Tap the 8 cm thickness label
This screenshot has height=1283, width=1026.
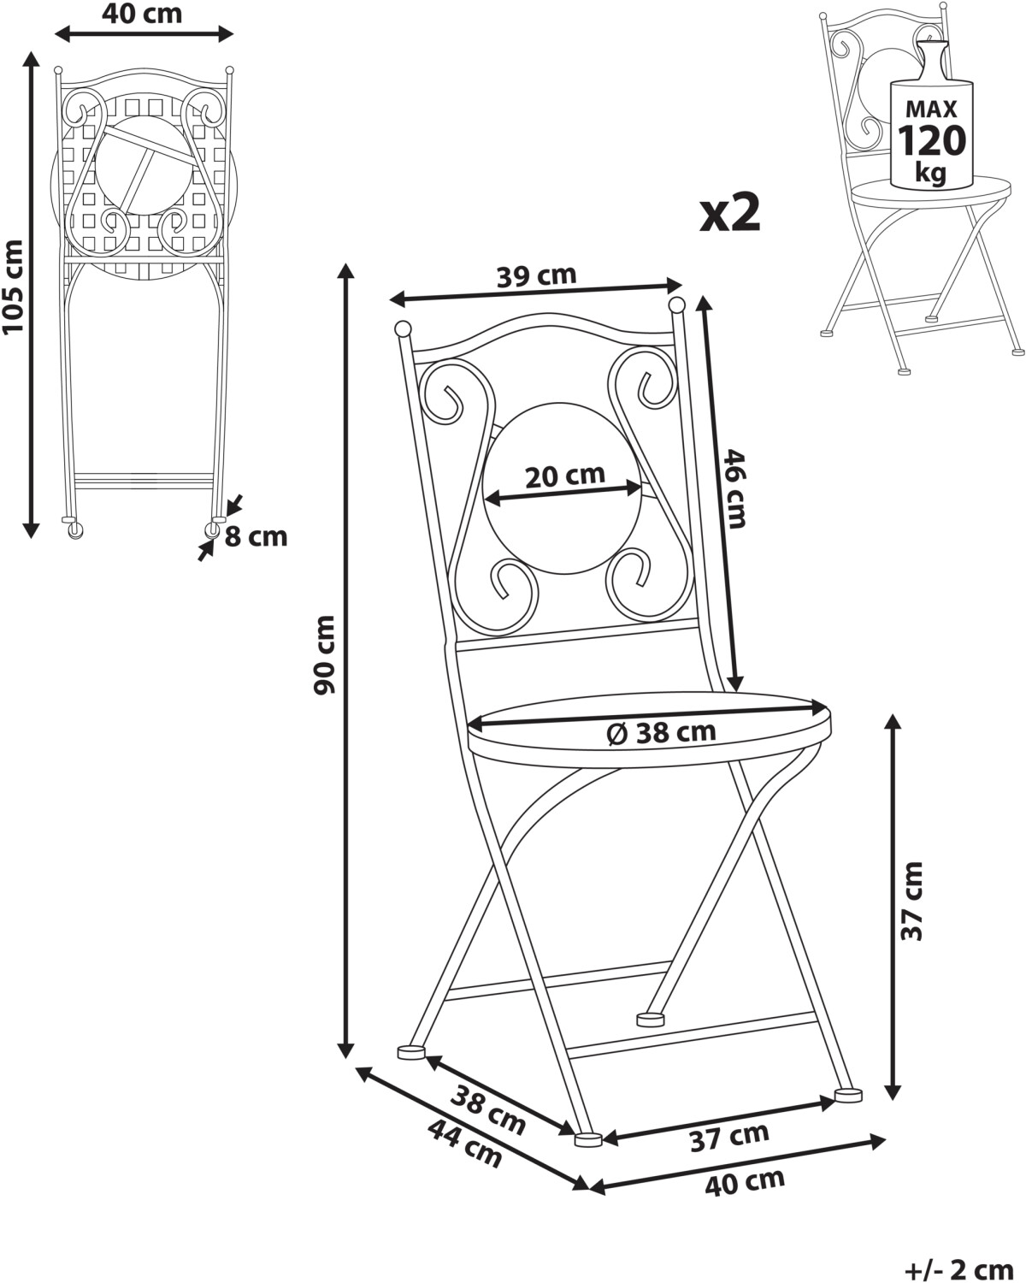pos(256,537)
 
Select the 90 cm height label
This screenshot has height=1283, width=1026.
pos(325,655)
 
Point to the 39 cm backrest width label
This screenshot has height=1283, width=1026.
pos(536,275)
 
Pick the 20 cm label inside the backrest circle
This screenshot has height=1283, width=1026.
pos(564,475)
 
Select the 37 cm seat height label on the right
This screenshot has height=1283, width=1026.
pos(913,902)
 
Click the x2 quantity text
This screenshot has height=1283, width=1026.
pos(729,215)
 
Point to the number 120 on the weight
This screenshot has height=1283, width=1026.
pos(931,139)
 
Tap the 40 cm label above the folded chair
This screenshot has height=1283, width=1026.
pos(142,14)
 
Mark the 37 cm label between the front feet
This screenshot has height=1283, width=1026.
pos(728,1137)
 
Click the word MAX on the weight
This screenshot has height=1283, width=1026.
pos(931,109)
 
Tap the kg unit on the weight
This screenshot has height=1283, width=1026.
pos(930,171)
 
